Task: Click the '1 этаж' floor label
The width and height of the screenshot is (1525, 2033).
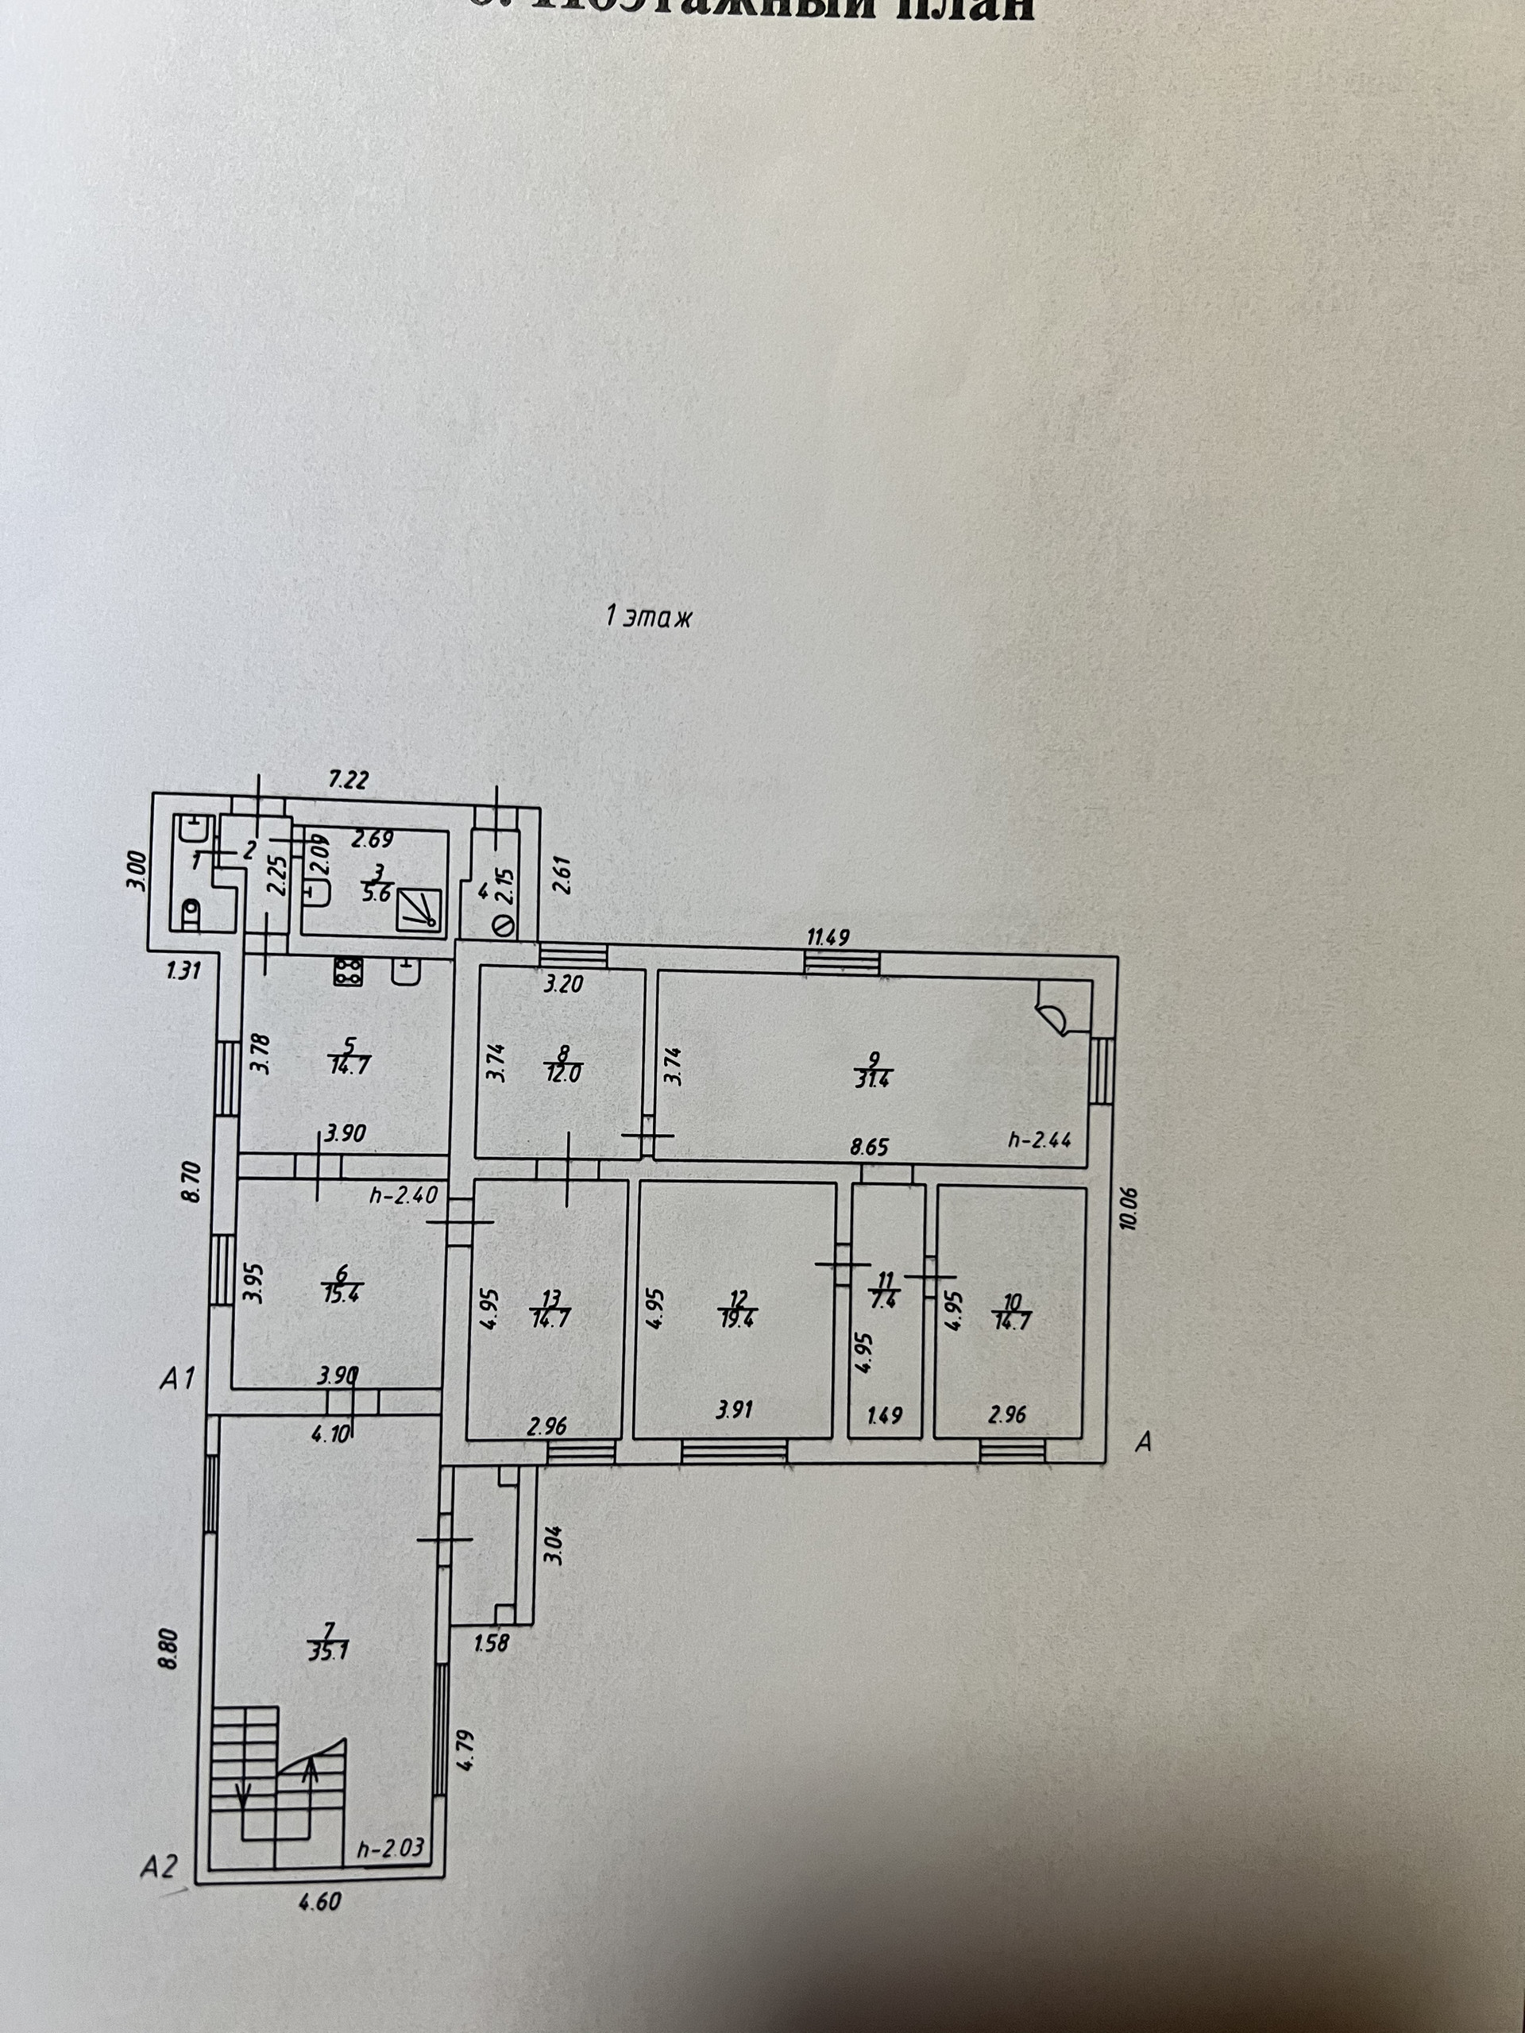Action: coord(648,617)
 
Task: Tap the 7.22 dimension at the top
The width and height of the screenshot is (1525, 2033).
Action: coord(349,781)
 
